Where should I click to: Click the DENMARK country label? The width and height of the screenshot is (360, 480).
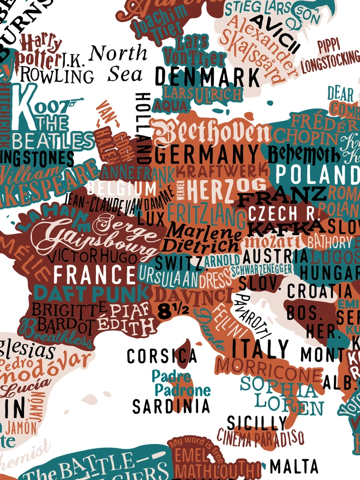point(200,77)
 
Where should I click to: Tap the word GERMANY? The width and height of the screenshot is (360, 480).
point(207,154)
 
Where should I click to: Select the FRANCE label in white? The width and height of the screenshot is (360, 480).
point(94,274)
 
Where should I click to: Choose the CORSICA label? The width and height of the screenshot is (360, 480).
point(161,356)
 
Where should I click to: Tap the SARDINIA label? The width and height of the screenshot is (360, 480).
point(171,406)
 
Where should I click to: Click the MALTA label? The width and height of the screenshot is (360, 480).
point(294,466)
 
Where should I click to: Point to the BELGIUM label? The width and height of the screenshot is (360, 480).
point(121,189)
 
